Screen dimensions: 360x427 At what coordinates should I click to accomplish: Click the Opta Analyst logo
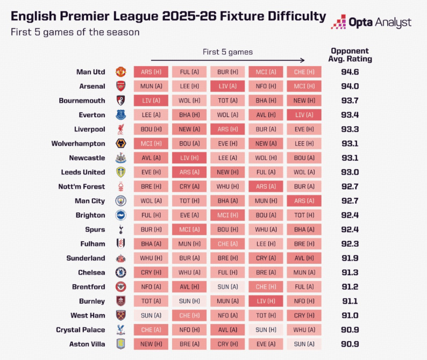(371, 22)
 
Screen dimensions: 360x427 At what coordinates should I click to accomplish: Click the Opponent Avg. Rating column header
(351, 55)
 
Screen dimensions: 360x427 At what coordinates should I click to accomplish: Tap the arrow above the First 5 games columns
(227, 61)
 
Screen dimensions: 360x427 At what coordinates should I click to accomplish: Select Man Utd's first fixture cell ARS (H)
(151, 71)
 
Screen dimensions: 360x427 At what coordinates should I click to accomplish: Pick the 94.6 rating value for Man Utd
(350, 71)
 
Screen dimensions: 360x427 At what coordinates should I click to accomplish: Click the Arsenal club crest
(120, 86)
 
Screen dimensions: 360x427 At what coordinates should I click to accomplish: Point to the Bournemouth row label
(82, 100)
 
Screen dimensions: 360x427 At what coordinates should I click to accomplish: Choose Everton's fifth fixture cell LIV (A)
(304, 114)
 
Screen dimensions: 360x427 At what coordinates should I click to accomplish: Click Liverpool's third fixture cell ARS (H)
(227, 129)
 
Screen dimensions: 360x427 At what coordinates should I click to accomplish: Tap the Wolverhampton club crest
(120, 143)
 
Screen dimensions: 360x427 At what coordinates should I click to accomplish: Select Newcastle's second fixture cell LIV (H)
(189, 157)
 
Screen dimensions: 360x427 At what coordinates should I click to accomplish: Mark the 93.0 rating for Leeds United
(350, 172)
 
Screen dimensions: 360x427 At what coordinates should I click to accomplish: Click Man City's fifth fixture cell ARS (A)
(304, 200)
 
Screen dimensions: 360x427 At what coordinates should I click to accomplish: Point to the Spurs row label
(94, 229)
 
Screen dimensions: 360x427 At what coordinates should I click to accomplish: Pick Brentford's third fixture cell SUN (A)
(227, 286)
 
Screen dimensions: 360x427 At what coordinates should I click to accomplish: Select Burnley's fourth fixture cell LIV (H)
(266, 301)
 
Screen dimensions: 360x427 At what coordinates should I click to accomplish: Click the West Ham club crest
(120, 315)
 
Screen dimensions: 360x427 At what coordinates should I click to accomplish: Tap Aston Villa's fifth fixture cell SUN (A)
(304, 344)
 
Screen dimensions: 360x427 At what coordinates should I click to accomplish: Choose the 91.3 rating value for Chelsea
(350, 272)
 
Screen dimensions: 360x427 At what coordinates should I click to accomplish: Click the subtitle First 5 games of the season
(75, 32)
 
